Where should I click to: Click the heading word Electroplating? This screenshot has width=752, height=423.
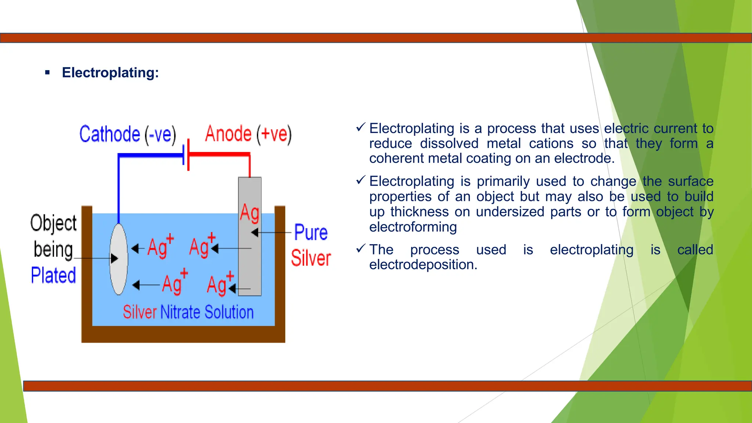pos(110,72)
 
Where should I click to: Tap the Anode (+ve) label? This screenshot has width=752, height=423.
pos(248,134)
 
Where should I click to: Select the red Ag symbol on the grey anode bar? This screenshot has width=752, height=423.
pos(250,213)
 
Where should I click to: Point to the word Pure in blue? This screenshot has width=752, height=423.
pos(311,232)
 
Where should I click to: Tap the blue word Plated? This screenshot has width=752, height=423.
pos(53,275)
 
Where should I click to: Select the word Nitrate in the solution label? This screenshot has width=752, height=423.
pos(180,312)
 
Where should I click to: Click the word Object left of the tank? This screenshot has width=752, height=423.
pos(53,223)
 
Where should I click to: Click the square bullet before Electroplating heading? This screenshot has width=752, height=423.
pos(47,73)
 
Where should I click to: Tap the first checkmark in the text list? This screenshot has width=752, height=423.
pos(361,127)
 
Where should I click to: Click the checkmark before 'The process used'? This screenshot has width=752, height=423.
pos(361,249)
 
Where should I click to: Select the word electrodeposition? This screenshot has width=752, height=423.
pos(423,265)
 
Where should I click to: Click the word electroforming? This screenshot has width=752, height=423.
pos(413,227)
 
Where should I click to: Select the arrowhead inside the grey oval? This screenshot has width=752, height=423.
pos(114,258)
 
